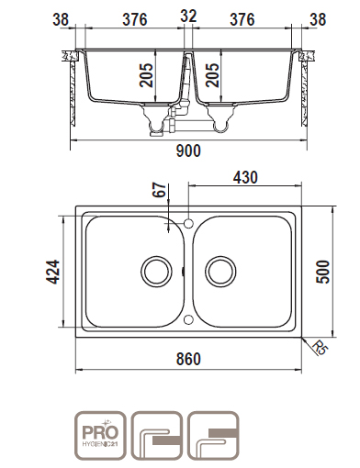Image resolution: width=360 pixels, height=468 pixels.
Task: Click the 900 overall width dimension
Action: pyautogui.click(x=188, y=150)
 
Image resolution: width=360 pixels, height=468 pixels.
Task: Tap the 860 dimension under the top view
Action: pyautogui.click(x=188, y=359)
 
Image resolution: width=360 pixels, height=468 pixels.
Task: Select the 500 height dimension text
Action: pyautogui.click(x=323, y=272)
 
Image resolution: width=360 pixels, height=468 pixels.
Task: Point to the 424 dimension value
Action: pyautogui.click(x=52, y=272)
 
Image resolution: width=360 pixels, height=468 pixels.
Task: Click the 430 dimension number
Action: pyautogui.click(x=245, y=177)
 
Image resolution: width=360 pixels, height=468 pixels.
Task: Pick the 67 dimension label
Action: pyautogui.click(x=160, y=190)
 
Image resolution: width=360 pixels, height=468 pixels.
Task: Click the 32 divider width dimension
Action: pyautogui.click(x=188, y=16)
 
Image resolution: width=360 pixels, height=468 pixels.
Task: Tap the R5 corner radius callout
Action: pyautogui.click(x=320, y=348)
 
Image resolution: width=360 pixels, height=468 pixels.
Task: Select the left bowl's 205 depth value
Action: pyautogui.click(x=146, y=75)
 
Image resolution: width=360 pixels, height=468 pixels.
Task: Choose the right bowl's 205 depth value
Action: pyautogui.click(x=212, y=75)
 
